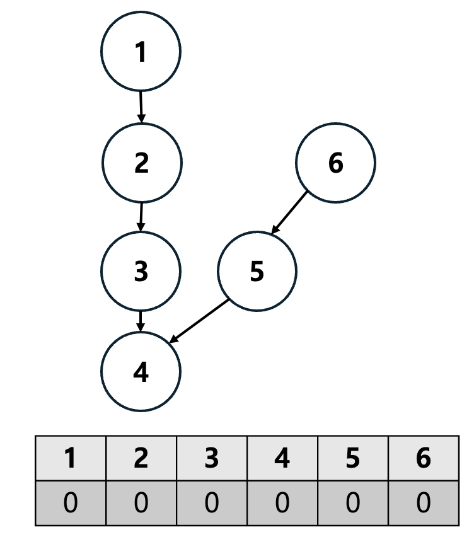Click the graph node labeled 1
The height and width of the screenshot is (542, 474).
click(141, 52)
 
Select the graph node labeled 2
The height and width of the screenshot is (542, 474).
click(142, 163)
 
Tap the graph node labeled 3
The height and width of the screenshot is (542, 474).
click(141, 271)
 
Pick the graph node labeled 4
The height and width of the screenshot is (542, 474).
click(141, 372)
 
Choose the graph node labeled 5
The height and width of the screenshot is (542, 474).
click(257, 271)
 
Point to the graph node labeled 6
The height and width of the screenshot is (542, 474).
click(335, 163)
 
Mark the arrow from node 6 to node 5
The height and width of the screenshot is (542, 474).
click(289, 213)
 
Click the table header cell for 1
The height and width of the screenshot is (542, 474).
click(71, 458)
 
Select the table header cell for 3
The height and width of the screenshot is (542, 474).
click(212, 458)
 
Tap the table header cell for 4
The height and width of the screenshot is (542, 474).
click(282, 458)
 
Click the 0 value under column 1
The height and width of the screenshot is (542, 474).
click(71, 502)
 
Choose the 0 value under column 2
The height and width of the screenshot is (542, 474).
click(141, 502)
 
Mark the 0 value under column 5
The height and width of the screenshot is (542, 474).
click(353, 502)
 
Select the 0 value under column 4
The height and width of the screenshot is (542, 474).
click(282, 502)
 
